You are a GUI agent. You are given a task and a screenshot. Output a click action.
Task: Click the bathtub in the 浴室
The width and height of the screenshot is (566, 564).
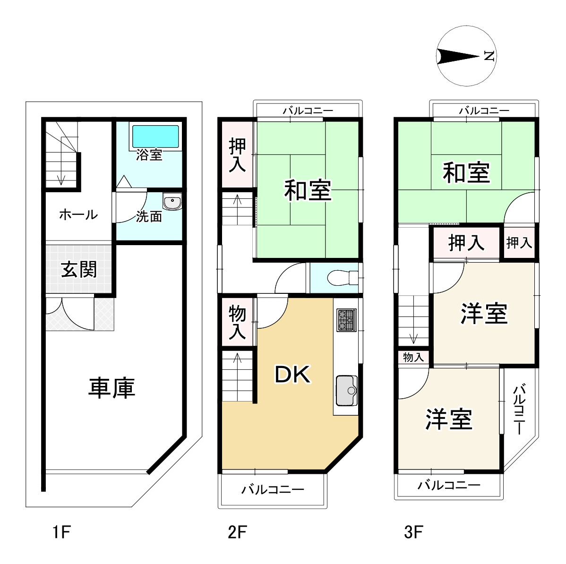coord(156,137)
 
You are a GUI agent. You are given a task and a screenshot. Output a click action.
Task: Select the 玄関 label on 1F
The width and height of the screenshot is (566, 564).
coord(79,270)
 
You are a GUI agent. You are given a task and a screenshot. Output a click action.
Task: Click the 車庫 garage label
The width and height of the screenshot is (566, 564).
coord(111,388)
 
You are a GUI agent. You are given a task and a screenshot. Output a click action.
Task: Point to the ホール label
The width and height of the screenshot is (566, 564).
coord(78,215)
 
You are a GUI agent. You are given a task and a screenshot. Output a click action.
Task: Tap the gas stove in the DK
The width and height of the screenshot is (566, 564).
coord(346,320)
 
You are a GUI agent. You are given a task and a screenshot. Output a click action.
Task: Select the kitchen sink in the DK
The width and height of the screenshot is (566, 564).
coord(347,391)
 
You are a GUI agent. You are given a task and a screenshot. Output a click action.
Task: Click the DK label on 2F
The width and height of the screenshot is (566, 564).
coord(292,375)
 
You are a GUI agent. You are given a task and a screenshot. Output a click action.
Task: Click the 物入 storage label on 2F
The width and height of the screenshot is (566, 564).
coord(237,322)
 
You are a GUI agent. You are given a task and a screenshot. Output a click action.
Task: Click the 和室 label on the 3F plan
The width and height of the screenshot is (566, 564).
coord(466,172)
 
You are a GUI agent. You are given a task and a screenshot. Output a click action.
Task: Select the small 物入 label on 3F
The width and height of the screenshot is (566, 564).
coord(413,358)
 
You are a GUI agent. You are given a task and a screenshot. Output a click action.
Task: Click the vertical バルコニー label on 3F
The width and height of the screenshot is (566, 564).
coord(519,409)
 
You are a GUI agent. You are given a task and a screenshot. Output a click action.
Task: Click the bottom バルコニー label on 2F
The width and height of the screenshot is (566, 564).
coord(273,490)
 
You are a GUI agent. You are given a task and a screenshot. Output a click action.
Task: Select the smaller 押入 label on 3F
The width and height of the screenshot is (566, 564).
coord(519,243)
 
